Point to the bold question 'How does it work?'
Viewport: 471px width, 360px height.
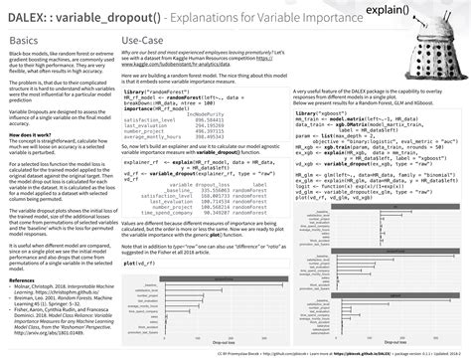(x=30, y=131)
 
